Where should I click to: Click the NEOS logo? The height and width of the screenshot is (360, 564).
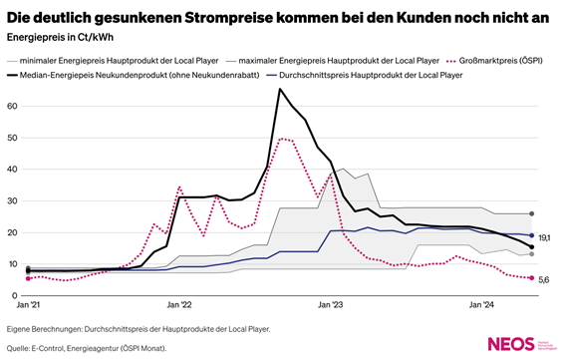[x=509, y=343]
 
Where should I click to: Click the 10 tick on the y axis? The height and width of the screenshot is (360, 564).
[x=14, y=264]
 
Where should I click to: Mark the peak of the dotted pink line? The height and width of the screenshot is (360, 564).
[x=283, y=139]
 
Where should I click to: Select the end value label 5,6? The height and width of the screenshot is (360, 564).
[x=545, y=280]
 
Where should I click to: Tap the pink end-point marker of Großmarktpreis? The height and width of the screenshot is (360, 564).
[x=532, y=278]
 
